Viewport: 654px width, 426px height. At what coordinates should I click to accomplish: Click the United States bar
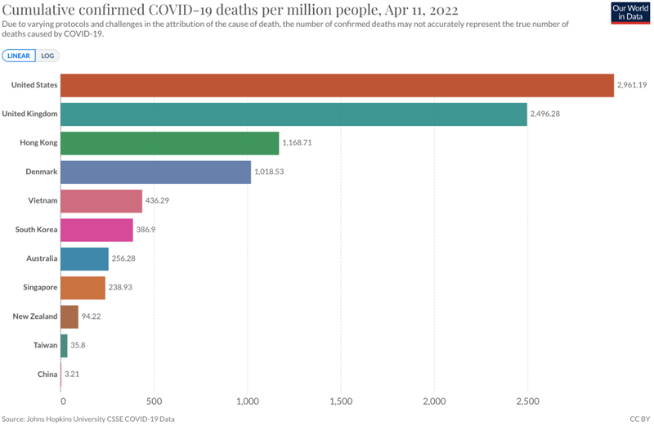(x=338, y=86)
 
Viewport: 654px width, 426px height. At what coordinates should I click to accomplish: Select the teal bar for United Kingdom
(x=294, y=114)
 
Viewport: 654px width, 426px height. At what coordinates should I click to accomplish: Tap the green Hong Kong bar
(x=170, y=143)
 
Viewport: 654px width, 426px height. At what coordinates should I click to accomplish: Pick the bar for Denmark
(x=156, y=173)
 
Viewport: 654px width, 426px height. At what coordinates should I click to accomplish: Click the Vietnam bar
(x=102, y=201)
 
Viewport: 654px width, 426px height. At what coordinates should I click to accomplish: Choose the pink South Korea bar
(x=97, y=230)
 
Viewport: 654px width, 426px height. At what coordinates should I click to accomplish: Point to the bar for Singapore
(x=83, y=288)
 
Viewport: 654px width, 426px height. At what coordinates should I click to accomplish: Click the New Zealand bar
(x=70, y=316)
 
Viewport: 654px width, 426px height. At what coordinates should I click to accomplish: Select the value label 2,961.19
(x=633, y=86)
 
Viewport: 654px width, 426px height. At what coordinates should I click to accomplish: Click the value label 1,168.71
(x=298, y=143)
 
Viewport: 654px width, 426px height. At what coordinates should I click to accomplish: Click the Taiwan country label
(x=45, y=345)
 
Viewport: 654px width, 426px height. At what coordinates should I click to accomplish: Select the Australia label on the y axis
(x=42, y=258)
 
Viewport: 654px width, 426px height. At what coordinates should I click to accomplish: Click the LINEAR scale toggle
(x=19, y=56)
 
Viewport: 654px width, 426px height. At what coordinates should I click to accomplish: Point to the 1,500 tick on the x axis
(x=341, y=401)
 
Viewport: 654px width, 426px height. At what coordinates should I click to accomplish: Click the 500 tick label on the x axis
(x=155, y=401)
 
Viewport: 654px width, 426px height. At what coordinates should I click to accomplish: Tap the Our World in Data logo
(x=630, y=12)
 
